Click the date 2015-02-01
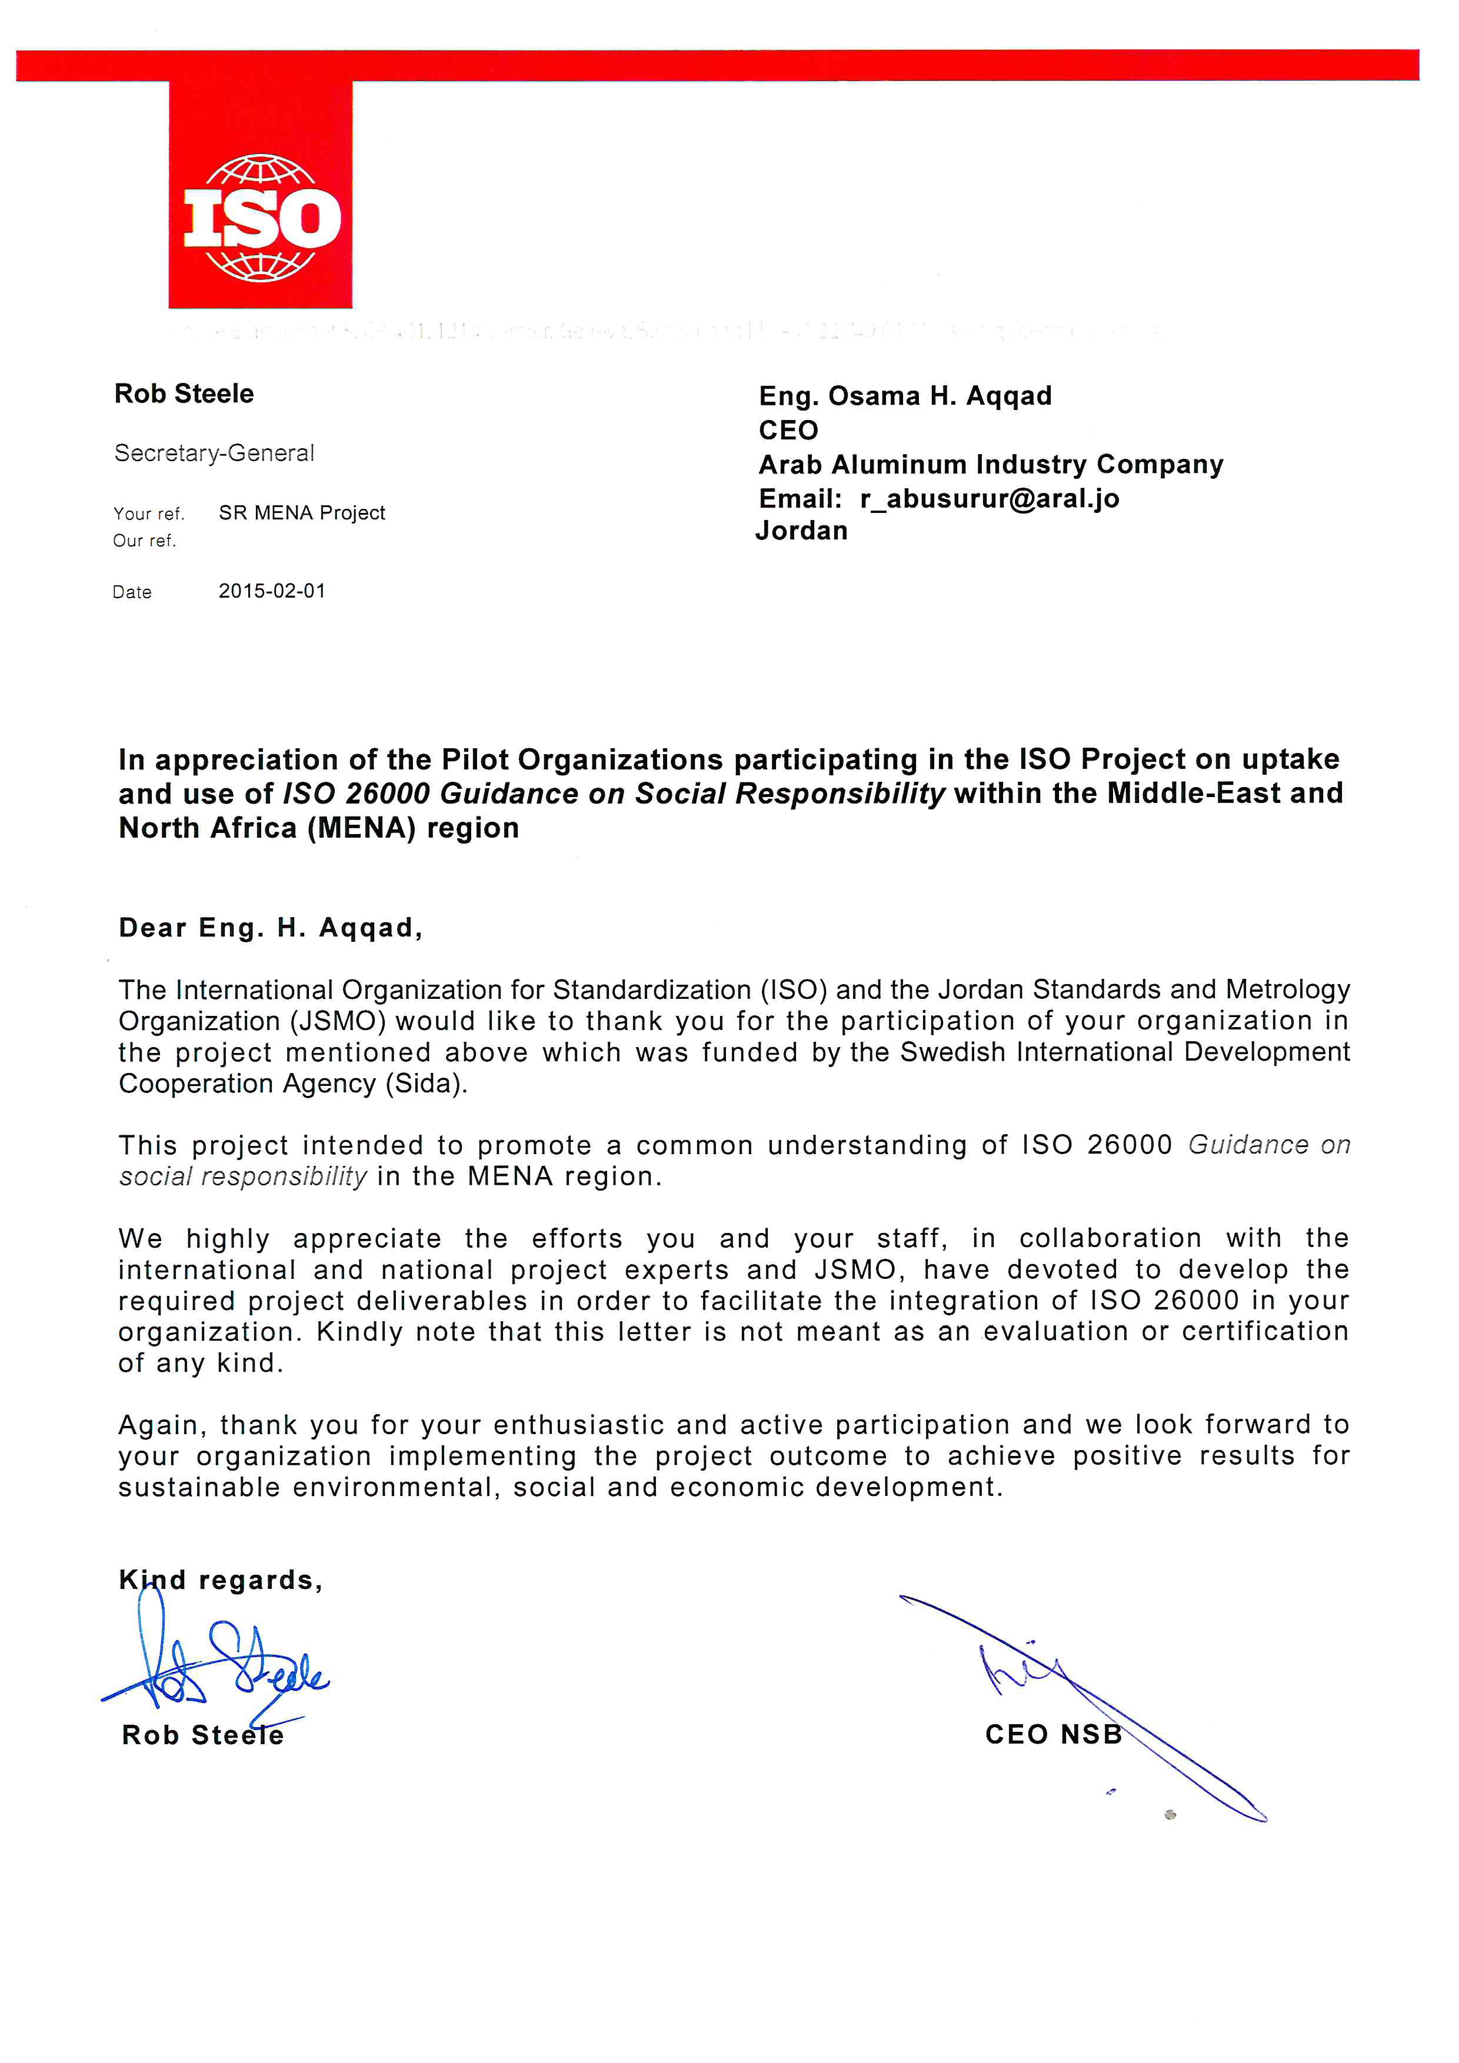[x=271, y=591]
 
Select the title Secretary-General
[x=214, y=453]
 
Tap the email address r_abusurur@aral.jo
[x=989, y=499]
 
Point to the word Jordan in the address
[x=801, y=531]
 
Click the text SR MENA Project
[x=302, y=513]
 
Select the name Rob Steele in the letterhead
[x=184, y=394]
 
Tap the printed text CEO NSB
[x=1053, y=1734]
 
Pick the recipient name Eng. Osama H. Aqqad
[x=905, y=396]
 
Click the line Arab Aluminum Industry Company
[x=990, y=465]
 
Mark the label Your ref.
[x=148, y=514]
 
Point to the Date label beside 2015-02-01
[x=132, y=592]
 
